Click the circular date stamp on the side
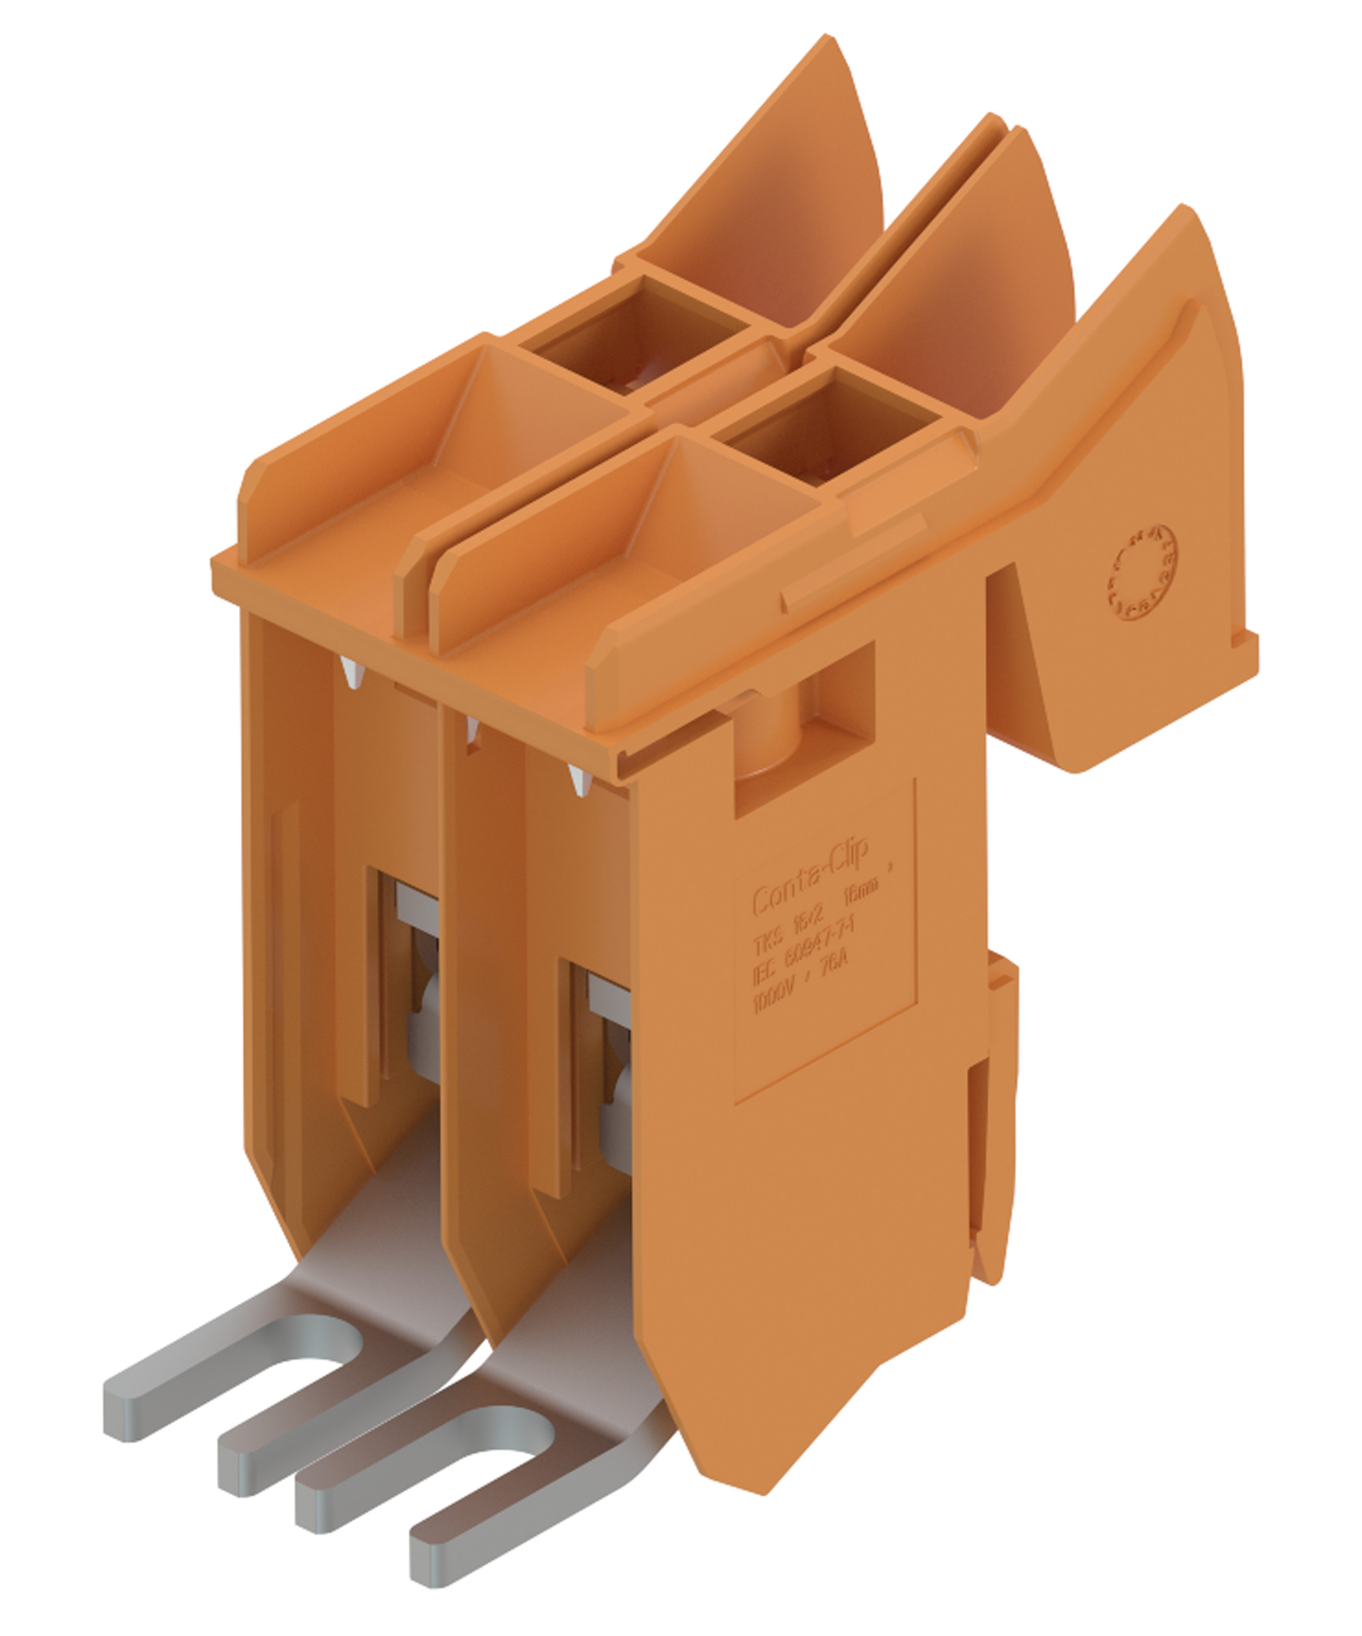click(x=1142, y=573)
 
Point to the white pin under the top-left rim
click(x=352, y=673)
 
